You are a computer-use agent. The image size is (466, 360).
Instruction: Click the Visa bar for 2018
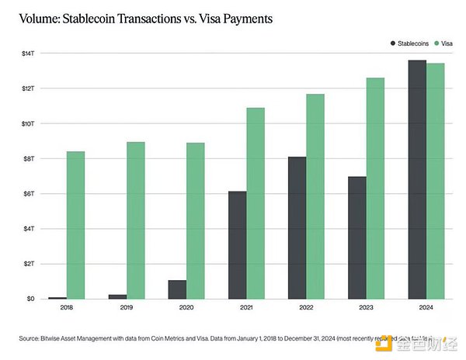[x=75, y=225]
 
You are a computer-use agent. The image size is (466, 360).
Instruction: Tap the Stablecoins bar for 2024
[x=417, y=179]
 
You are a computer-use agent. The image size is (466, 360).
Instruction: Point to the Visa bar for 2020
[x=195, y=220]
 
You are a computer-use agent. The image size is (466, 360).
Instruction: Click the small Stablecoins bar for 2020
[x=176, y=289]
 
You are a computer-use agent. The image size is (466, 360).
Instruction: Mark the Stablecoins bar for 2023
[x=356, y=237]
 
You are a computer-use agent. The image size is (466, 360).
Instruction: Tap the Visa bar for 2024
[x=436, y=181]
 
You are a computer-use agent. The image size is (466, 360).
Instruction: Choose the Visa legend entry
[x=444, y=44]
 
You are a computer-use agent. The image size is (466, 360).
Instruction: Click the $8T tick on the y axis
[x=37, y=158]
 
